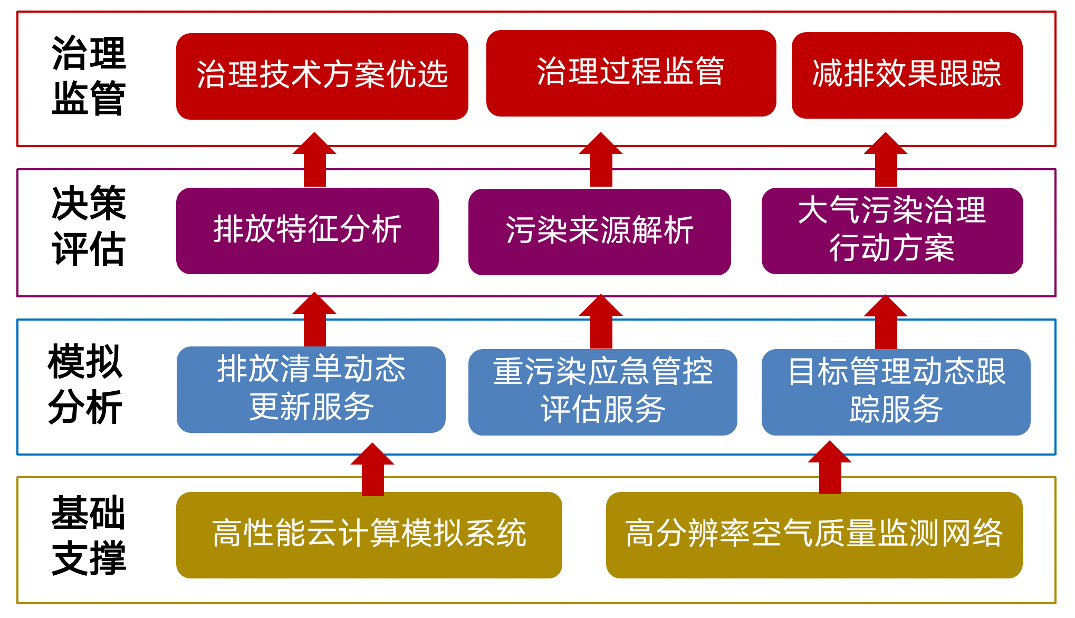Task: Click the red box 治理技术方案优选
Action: coord(322,76)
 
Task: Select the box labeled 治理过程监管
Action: coord(631,73)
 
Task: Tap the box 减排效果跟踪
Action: coord(907,75)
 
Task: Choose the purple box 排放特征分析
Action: coord(308,231)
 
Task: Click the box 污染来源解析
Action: coord(600,232)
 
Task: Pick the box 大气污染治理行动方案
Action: coord(892,231)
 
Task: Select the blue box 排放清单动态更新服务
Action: coord(311,390)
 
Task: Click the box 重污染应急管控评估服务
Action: coord(603,392)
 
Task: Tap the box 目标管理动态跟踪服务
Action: coord(896,392)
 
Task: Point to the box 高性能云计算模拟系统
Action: coord(369,535)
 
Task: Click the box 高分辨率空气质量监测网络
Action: coord(814,535)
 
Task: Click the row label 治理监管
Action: coord(89,75)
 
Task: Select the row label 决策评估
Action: coord(89,226)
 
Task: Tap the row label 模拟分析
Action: coord(85,384)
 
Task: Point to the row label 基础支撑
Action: coord(89,535)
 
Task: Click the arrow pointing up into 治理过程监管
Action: coord(601,159)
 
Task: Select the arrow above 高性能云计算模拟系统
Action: coord(372,469)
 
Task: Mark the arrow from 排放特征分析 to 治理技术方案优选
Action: coord(314,159)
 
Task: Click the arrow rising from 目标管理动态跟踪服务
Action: coord(886,322)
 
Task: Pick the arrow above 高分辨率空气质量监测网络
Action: coord(830,467)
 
